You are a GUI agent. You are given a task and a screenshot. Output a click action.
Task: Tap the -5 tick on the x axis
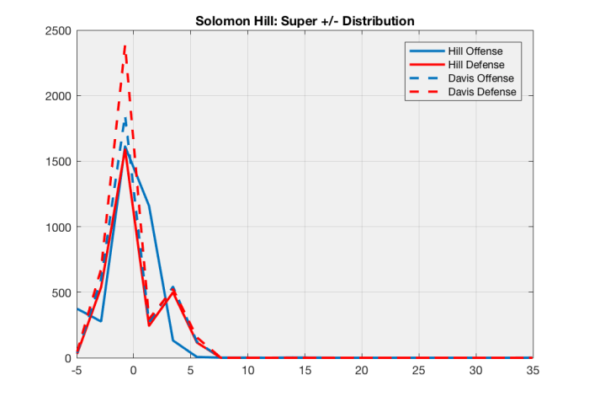tap(77, 370)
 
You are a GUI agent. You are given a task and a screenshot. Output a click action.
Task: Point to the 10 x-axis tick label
tap(247, 370)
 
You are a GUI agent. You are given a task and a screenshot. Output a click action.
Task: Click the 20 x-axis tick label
tap(362, 370)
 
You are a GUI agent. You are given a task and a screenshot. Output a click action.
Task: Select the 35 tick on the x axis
tap(533, 370)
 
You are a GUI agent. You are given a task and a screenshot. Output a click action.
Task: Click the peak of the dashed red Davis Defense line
tap(125, 47)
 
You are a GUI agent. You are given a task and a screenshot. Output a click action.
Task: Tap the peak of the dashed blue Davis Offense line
tap(125, 120)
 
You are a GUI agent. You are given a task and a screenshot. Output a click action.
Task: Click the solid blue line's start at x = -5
tap(77, 308)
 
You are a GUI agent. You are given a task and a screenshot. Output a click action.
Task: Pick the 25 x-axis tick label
tap(419, 370)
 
